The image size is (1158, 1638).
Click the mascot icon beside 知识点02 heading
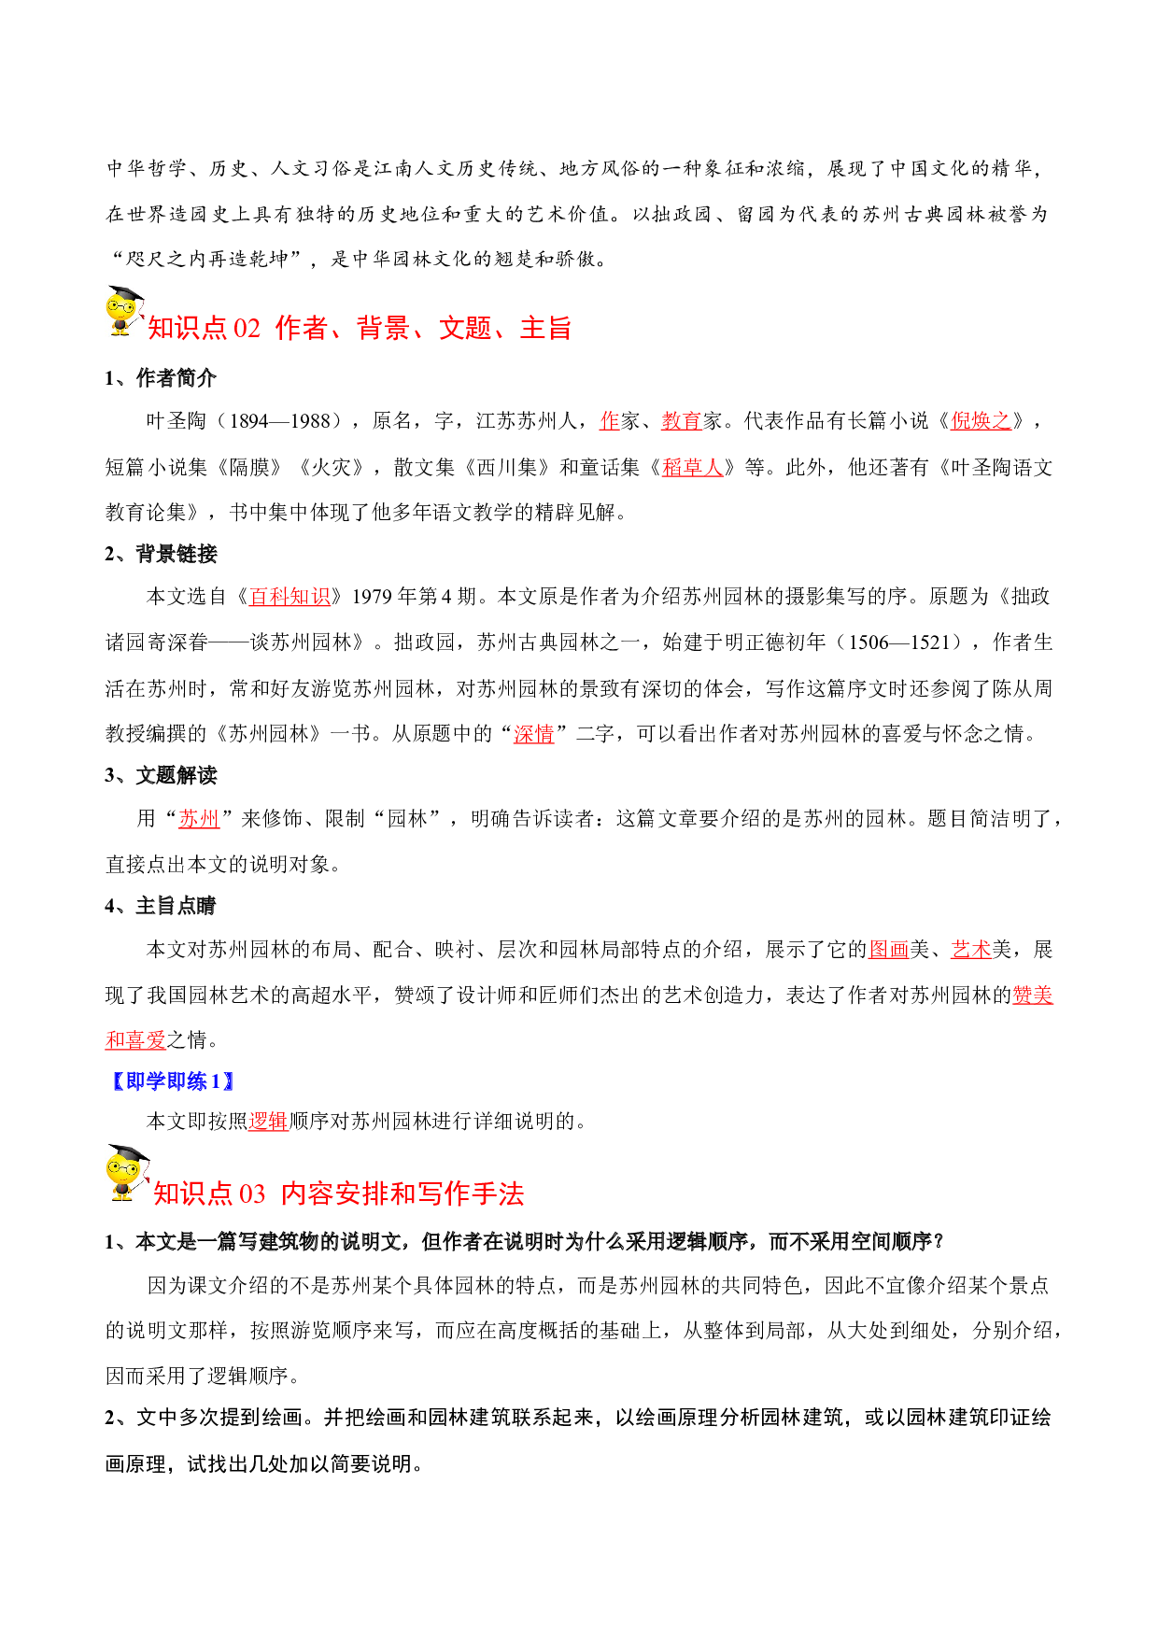click(x=125, y=312)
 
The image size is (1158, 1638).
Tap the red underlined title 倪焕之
click(x=981, y=421)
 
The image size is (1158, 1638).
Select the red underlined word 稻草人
click(x=693, y=467)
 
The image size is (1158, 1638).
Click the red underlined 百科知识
click(x=289, y=596)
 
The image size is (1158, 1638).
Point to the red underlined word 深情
click(x=534, y=734)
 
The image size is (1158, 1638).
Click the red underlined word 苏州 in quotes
click(x=199, y=819)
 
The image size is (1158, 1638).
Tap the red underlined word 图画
click(x=889, y=950)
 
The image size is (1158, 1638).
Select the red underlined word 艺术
click(x=971, y=950)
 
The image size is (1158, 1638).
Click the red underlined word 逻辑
click(x=269, y=1121)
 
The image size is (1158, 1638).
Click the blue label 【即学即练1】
click(x=172, y=1081)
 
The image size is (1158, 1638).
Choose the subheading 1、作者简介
click(x=161, y=378)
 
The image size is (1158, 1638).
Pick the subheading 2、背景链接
click(x=161, y=554)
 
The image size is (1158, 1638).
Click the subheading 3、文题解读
click(x=161, y=775)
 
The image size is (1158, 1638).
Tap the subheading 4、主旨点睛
click(x=161, y=906)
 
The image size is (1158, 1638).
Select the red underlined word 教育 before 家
click(x=682, y=421)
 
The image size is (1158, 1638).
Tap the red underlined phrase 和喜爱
click(x=135, y=1039)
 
